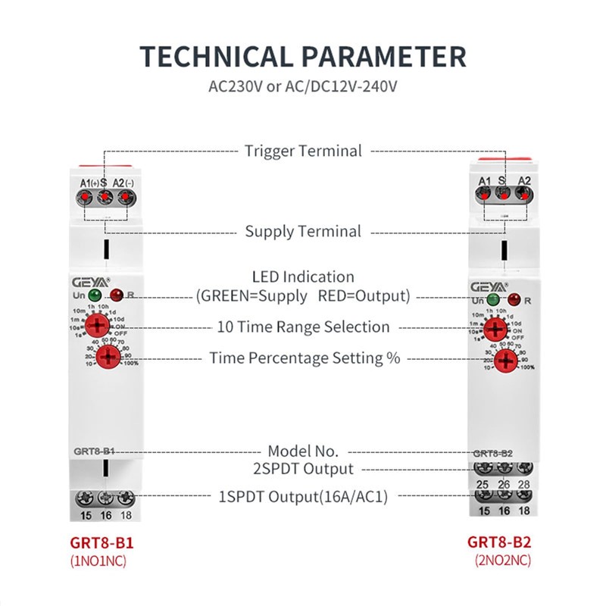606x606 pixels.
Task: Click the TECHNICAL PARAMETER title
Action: [303, 57]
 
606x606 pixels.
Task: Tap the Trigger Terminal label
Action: [303, 151]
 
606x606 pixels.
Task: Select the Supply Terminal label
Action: [303, 231]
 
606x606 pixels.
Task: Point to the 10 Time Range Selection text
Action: [303, 327]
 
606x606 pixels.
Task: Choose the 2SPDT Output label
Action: [303, 469]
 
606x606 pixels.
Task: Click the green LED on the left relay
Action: [95, 295]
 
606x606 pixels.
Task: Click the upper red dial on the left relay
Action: [96, 327]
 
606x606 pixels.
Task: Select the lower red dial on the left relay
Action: [108, 357]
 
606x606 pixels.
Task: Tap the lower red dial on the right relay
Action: [508, 359]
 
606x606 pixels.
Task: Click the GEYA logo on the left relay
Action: [88, 280]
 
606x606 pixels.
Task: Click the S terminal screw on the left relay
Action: [105, 198]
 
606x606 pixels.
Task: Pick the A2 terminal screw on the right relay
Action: [522, 194]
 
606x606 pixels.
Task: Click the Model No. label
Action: [303, 451]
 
